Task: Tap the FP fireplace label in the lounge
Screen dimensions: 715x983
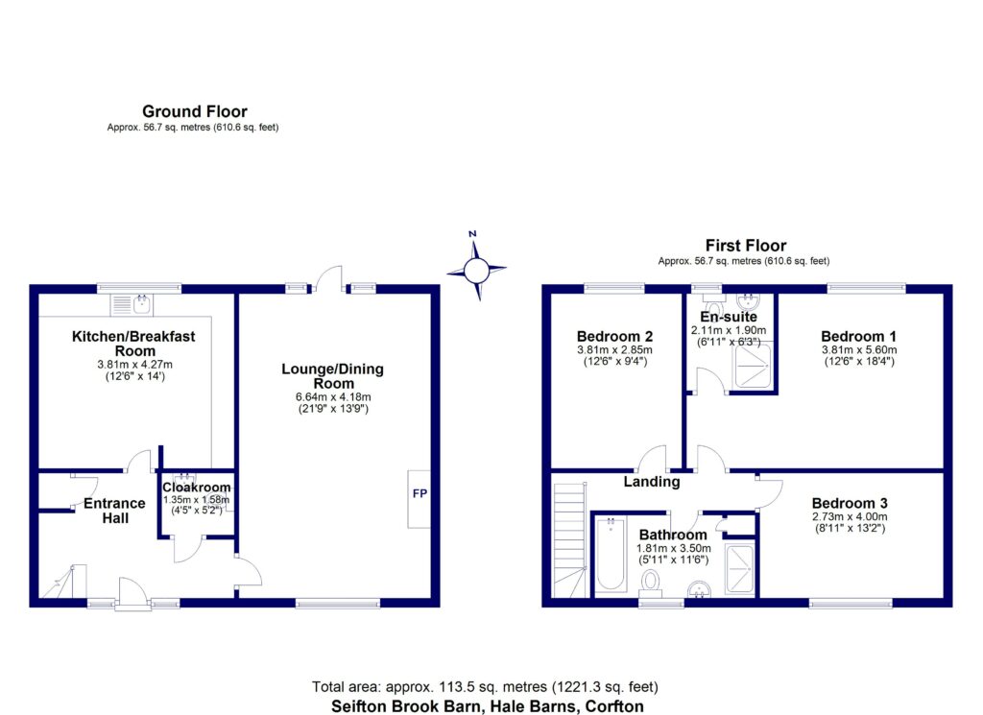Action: [x=420, y=494]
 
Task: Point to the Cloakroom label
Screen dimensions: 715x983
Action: [x=196, y=488]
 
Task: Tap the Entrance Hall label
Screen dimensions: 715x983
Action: [x=114, y=511]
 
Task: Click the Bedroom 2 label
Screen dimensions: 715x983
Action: [x=614, y=336]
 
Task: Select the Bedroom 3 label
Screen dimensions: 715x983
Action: [x=849, y=503]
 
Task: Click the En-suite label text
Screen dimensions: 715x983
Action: [x=728, y=317]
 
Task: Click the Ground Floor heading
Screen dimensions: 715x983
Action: [x=194, y=112]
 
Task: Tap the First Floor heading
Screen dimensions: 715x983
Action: [x=745, y=246]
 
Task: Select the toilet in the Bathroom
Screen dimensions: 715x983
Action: [x=651, y=581]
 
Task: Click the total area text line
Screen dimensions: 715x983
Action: [x=485, y=686]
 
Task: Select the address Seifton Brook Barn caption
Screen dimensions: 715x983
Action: [x=485, y=705]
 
